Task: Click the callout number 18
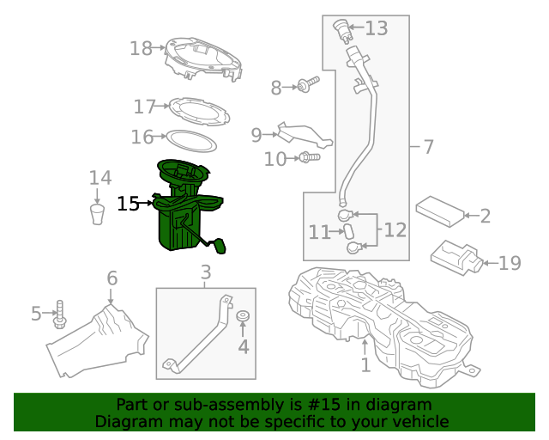pyautogui.click(x=141, y=48)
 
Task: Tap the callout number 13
pyautogui.click(x=377, y=28)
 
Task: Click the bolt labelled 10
pyautogui.click(x=309, y=157)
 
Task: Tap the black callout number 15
pyautogui.click(x=128, y=204)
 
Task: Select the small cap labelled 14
pyautogui.click(x=99, y=212)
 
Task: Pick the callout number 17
pyautogui.click(x=145, y=107)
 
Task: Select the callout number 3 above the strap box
pyautogui.click(x=205, y=274)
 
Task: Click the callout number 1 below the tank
pyautogui.click(x=365, y=366)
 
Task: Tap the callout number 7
pyautogui.click(x=428, y=147)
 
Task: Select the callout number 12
pyautogui.click(x=395, y=230)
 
